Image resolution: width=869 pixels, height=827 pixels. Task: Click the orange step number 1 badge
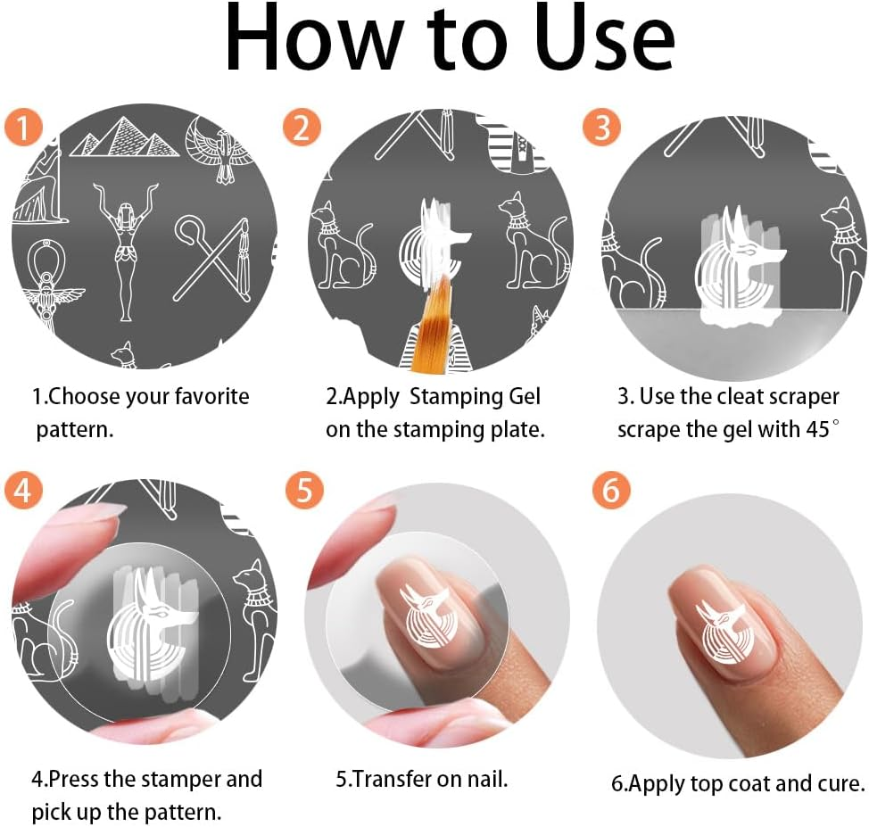(x=23, y=128)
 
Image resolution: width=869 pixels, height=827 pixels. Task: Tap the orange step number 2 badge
(x=302, y=127)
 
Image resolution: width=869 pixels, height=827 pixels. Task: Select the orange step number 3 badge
(x=602, y=127)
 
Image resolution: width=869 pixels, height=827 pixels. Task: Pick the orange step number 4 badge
(x=23, y=490)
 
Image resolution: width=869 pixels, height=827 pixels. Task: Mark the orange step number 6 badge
(x=611, y=490)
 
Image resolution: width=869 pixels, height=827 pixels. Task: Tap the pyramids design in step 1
(x=125, y=136)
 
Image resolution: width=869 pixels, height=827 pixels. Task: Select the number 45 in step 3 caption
(x=817, y=429)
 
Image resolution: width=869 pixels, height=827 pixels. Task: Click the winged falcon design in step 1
(x=216, y=149)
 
